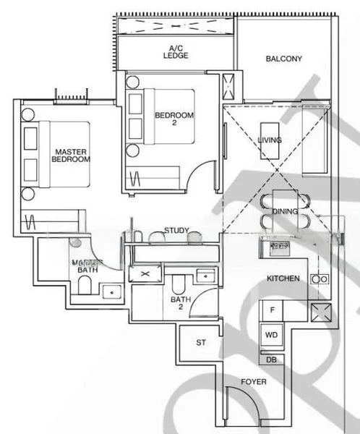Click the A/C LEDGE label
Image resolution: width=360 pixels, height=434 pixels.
pos(176,53)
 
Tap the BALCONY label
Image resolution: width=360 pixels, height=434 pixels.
pos(283,59)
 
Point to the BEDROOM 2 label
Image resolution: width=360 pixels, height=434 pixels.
pos(174,120)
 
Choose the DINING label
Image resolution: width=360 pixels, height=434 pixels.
pos(286,211)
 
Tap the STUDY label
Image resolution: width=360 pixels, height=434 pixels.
pos(176,231)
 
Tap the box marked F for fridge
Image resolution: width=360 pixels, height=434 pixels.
pos(272,310)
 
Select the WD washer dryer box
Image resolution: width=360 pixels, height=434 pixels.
pos(272,335)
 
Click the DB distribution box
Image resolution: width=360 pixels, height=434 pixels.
pos(272,359)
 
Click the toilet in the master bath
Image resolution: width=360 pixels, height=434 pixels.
pos(82,288)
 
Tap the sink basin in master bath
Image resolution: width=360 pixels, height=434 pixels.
pos(111,292)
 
